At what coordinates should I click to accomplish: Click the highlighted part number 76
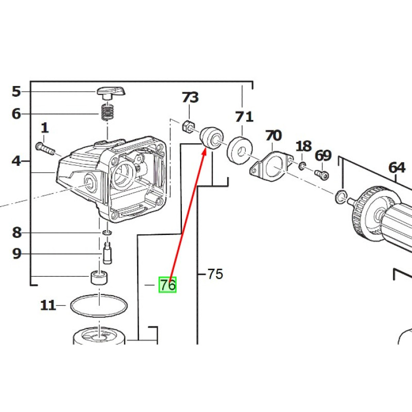167,285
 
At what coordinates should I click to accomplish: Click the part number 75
215,273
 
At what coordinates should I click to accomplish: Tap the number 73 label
190,97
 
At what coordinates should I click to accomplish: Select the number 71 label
244,117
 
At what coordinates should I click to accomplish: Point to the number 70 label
273,136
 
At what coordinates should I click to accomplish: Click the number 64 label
397,167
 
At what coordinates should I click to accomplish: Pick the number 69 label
323,154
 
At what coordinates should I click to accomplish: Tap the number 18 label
303,146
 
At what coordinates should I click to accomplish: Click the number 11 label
48,305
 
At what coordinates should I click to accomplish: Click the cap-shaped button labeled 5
110,92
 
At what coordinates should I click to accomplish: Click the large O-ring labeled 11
99,305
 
